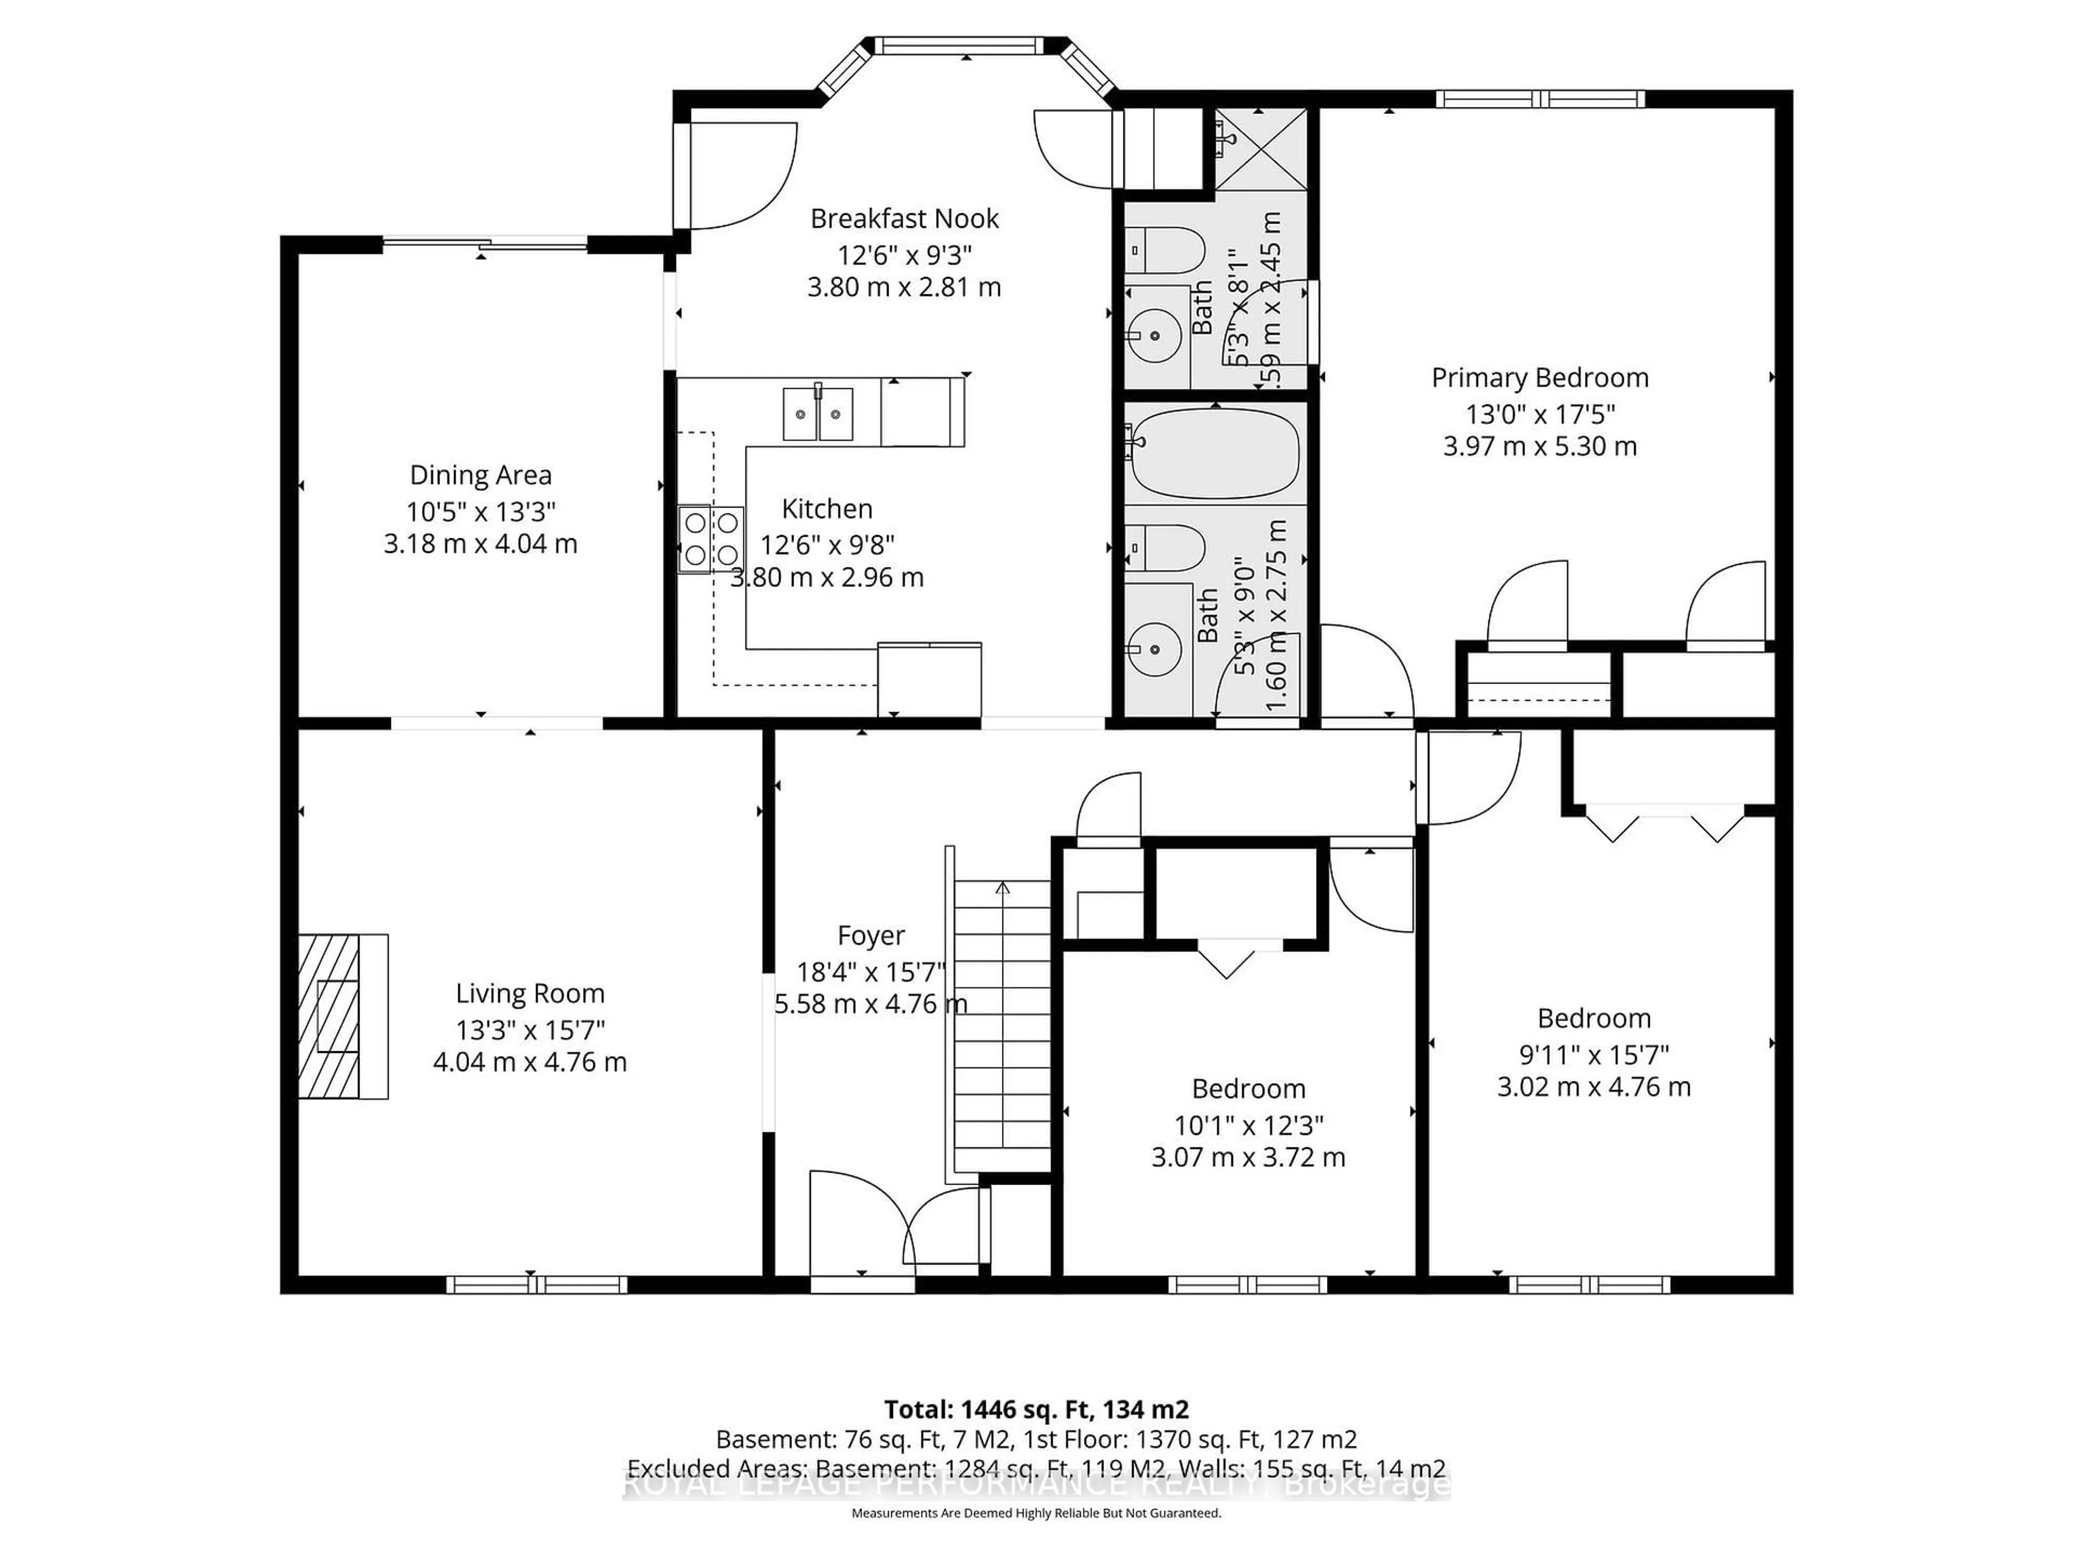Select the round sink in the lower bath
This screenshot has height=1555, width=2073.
[x=1154, y=648]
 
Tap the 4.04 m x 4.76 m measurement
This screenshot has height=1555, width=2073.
[x=530, y=1062]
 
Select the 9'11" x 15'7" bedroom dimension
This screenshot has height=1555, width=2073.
[x=1593, y=1054]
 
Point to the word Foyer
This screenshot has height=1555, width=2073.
[x=871, y=936]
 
